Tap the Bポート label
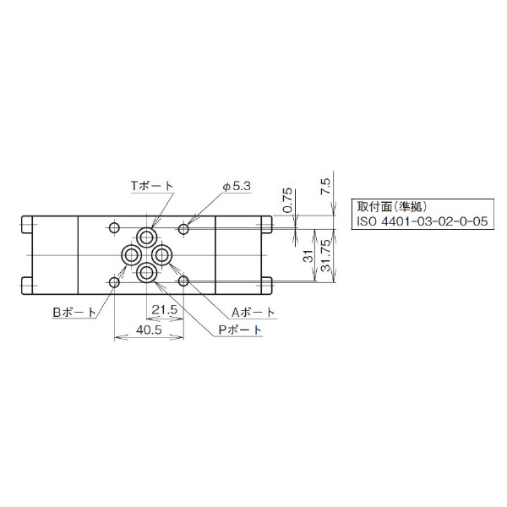(75, 312)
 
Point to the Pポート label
(240, 330)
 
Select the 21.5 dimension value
(165, 310)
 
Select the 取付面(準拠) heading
(394, 206)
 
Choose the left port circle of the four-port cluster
(131, 253)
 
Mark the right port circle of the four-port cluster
(163, 253)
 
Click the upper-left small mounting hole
(115, 226)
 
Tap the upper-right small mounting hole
(183, 226)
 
